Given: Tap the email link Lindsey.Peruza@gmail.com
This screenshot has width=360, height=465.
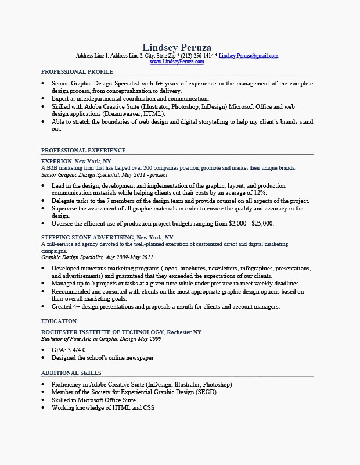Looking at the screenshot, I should pos(249,56).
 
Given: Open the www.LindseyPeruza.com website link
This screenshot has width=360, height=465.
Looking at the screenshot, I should pos(177,62).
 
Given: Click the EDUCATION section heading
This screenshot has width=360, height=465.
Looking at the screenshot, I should pos(59,321).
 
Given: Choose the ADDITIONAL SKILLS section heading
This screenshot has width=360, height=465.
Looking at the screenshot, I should pos(71,373).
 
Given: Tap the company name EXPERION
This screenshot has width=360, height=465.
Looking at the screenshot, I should pos(56,161).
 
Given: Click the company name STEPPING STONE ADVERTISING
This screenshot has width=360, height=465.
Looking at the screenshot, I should pos(87,238).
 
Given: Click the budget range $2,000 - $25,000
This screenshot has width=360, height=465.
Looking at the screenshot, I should pos(251,223).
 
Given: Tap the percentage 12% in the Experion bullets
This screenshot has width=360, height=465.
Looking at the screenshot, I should pos(260,193).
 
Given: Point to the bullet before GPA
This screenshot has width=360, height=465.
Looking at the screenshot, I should pos(43,350).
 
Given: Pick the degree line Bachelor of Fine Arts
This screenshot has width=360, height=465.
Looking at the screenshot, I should pos(75,338).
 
